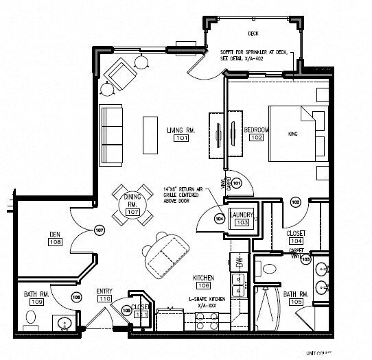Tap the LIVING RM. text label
click(182, 130)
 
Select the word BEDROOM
click(256, 130)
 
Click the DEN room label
click(55, 234)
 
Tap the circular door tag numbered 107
click(99, 230)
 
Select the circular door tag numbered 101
click(236, 184)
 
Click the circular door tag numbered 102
click(296, 202)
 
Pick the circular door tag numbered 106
click(76, 297)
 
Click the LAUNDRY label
click(242, 215)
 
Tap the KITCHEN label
click(203, 277)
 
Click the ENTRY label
click(104, 291)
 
